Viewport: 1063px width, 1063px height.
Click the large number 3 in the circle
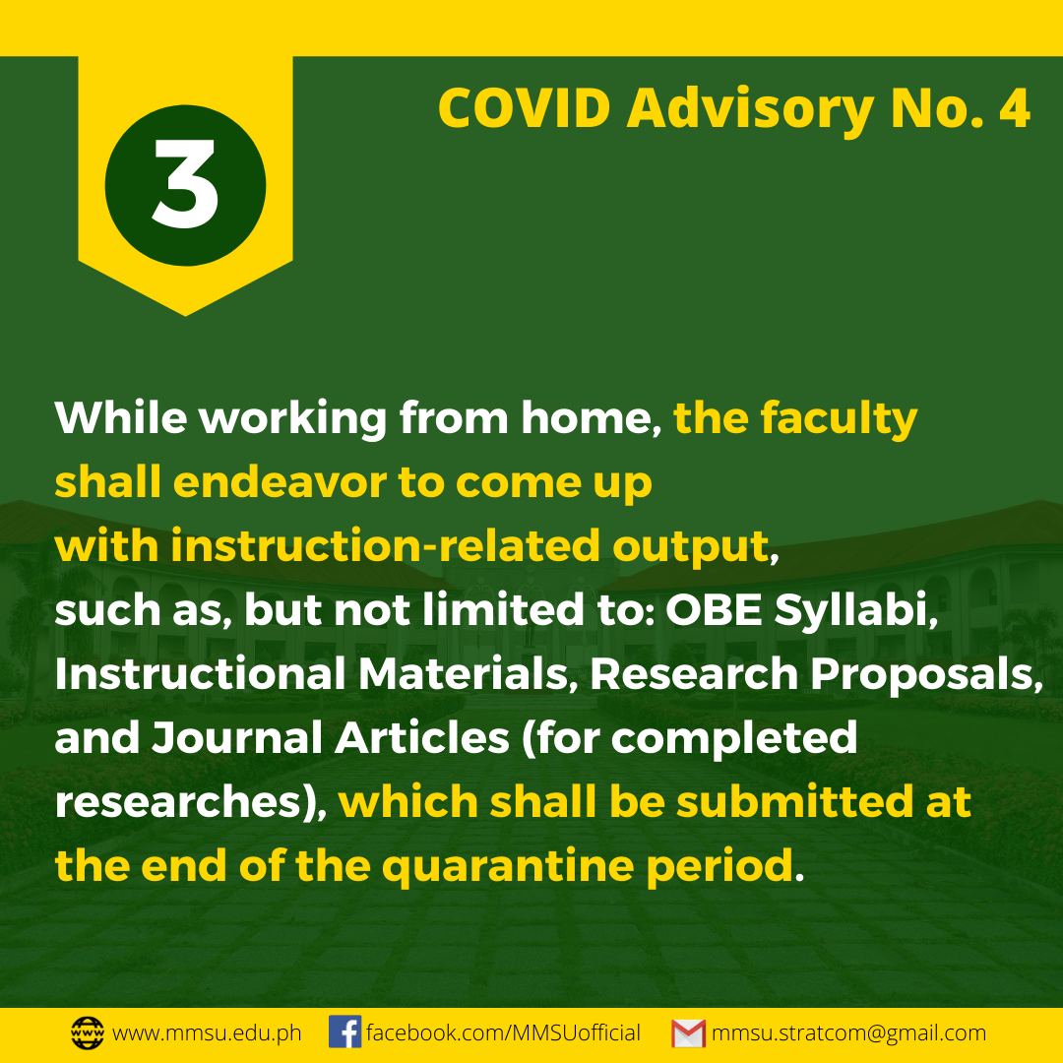(x=185, y=184)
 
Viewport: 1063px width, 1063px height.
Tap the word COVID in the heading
(x=524, y=108)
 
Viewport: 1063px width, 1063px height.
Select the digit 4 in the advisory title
(x=1014, y=108)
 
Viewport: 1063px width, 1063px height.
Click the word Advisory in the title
(x=750, y=110)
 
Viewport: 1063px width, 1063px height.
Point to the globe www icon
(x=88, y=1033)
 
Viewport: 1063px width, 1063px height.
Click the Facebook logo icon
(x=345, y=1032)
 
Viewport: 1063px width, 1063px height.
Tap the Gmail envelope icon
(x=688, y=1033)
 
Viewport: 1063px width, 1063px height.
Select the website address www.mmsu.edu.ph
(x=207, y=1033)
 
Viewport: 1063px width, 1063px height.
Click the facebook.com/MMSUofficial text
(x=503, y=1032)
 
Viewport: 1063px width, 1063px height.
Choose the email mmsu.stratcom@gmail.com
(x=848, y=1033)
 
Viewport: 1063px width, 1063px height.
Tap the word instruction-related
(x=385, y=545)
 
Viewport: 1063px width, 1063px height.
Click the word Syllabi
(x=856, y=611)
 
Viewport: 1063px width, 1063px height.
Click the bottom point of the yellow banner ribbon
(x=185, y=316)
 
